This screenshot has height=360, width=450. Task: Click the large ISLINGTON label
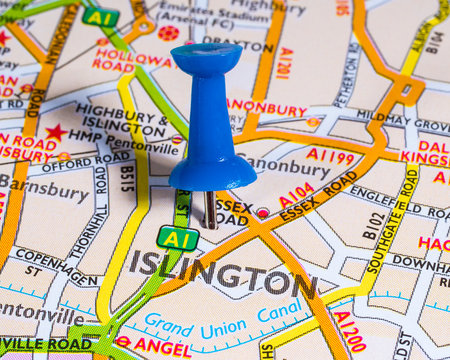coord(222,270)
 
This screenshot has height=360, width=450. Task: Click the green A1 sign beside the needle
coord(177,238)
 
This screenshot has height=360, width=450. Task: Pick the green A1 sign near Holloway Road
coord(100,16)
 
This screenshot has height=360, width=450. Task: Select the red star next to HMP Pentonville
coord(55,132)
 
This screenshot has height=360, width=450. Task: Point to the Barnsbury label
coord(45,190)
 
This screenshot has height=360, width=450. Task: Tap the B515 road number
coord(128,180)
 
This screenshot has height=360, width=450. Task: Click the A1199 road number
coord(330,155)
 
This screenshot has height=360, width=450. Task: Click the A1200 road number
coord(350,330)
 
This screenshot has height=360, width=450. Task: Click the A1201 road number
coord(284,62)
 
